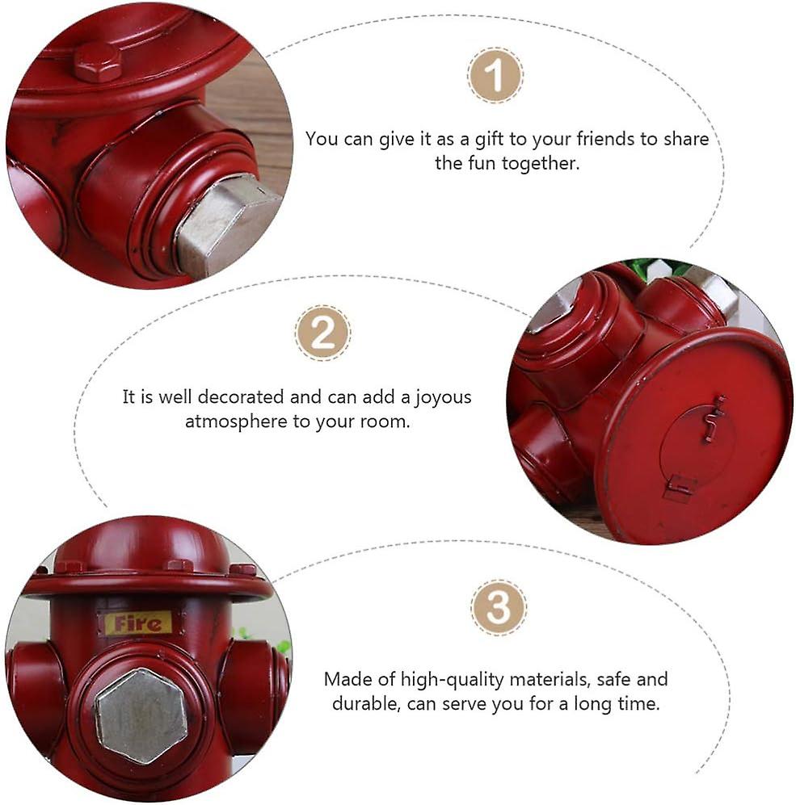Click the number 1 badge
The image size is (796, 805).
[495, 75]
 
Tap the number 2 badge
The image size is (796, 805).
[323, 333]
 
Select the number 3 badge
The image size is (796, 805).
[499, 608]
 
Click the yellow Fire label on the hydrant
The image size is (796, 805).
[137, 623]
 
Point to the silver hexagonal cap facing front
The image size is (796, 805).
[142, 715]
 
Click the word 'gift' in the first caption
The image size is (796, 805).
[489, 139]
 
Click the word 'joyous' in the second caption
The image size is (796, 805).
[443, 398]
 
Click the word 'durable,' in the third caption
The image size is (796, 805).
[366, 703]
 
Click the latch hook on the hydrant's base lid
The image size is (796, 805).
[714, 417]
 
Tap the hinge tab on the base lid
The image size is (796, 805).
[680, 488]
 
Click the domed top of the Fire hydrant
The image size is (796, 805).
[141, 545]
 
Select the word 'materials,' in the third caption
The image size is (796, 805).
[550, 680]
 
